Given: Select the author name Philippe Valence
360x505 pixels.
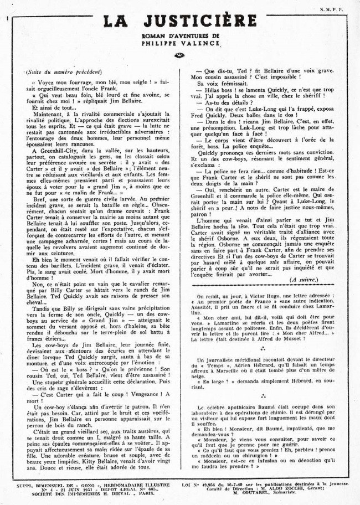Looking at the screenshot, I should (x=179, y=44).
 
